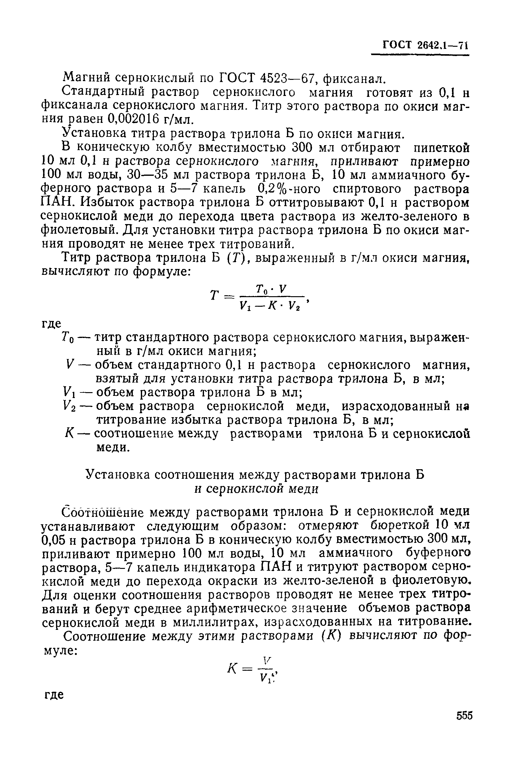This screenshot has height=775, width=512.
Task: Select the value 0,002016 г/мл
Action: coord(150,120)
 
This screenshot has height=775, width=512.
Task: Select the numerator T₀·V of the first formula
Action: coord(271,289)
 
